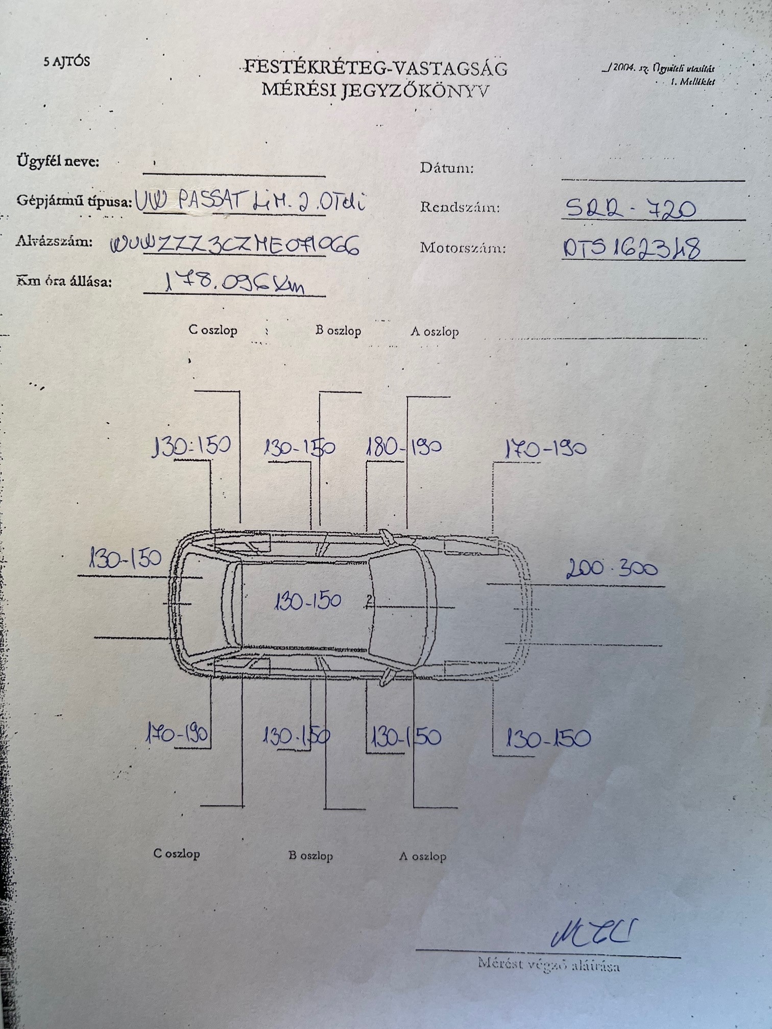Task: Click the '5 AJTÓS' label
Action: (66, 62)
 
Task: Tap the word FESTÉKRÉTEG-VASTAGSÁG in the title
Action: (376, 68)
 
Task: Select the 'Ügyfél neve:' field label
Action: (58, 161)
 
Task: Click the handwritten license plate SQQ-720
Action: (630, 208)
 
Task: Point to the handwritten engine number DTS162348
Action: (631, 249)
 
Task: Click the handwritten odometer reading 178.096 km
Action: (234, 283)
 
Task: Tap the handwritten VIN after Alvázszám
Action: (234, 245)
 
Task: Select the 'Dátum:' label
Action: (447, 168)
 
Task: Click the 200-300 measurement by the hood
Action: (612, 568)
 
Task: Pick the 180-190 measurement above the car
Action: (404, 447)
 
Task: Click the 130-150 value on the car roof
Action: (307, 601)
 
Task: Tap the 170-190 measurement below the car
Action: (177, 734)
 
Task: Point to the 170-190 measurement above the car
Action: (545, 449)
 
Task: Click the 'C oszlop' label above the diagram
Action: (213, 330)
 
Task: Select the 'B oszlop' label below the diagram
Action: (310, 855)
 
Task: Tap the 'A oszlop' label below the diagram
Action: (422, 856)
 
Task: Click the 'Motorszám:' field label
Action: (463, 248)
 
